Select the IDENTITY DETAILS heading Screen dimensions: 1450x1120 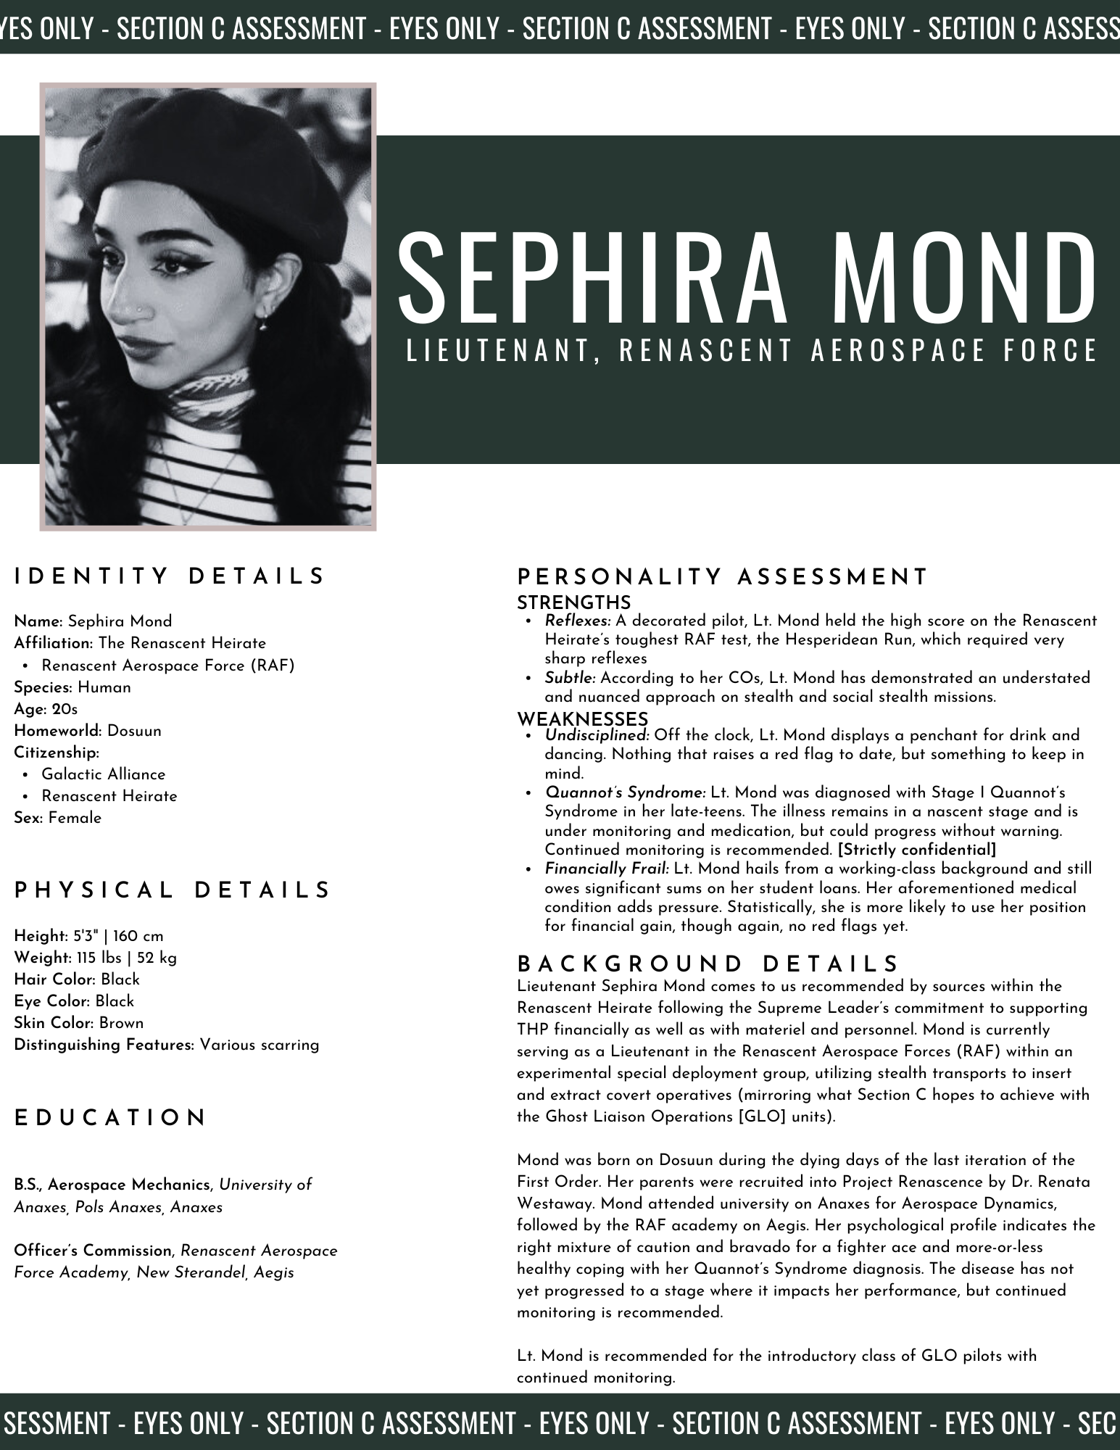click(170, 576)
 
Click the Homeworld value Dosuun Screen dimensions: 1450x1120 click(134, 731)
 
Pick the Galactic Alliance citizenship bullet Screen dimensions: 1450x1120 click(103, 774)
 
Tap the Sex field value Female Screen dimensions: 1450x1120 click(75, 818)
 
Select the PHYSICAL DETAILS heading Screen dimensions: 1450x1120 click(173, 890)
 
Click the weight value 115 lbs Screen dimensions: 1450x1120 click(98, 958)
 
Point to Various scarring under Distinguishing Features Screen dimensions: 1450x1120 click(260, 1045)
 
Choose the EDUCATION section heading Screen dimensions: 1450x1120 click(111, 1118)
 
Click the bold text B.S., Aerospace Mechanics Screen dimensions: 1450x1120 click(112, 1185)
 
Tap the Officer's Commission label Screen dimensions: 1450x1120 click(93, 1251)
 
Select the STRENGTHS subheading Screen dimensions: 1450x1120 click(573, 602)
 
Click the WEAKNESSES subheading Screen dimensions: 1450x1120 click(582, 719)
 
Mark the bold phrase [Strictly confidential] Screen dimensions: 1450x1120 click(916, 850)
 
